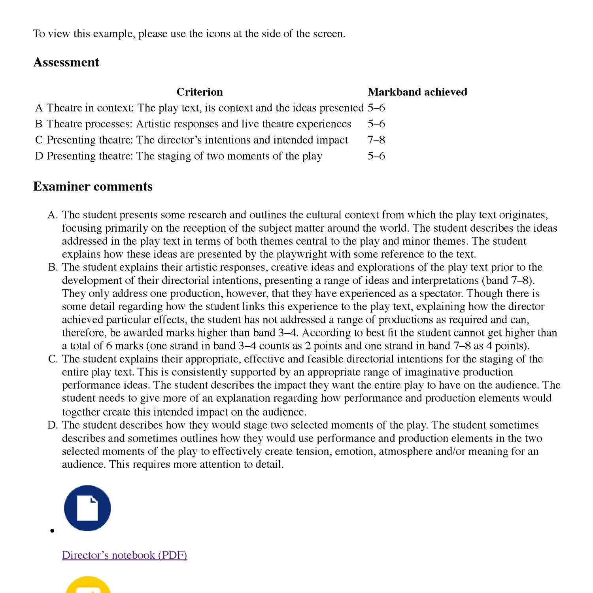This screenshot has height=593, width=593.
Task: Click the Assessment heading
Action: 66,62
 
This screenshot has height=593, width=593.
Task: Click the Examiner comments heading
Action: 93,187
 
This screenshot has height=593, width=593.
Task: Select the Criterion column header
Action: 199,92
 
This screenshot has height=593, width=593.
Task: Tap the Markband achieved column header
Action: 417,92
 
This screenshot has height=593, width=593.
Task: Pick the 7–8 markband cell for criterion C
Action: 376,140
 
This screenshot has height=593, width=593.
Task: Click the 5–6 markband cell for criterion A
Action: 376,108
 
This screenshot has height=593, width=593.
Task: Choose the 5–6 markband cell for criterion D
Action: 376,156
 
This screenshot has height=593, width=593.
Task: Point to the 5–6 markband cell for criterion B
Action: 376,124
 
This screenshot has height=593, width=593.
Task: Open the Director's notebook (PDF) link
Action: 124,555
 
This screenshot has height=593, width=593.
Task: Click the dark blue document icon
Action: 87,508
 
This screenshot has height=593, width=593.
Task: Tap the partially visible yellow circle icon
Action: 87,585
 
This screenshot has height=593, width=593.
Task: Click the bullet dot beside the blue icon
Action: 52,531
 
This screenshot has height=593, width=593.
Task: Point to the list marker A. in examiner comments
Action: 53,215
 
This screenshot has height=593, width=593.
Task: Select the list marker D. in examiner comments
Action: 53,425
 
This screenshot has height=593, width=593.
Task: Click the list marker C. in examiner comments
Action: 53,359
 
